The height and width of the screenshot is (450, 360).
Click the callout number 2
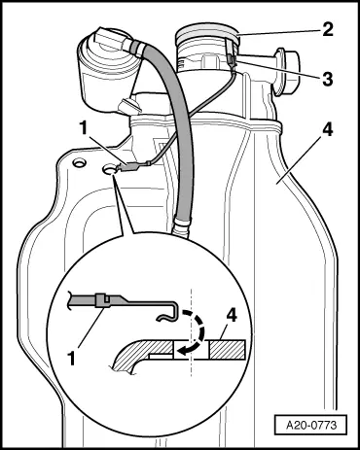330,30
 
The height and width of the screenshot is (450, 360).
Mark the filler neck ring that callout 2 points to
204,42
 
